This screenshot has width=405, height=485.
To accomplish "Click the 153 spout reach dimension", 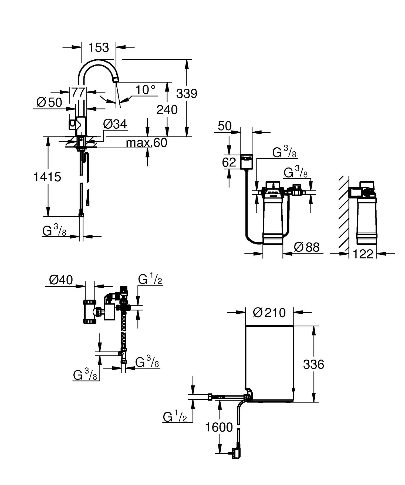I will click(x=99, y=48).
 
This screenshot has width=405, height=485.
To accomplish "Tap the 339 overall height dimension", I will click(x=187, y=94).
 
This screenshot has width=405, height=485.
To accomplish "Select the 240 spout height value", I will click(x=167, y=110).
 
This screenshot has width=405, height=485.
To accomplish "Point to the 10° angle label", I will click(x=145, y=90).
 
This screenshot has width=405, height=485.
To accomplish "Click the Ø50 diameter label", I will click(x=49, y=103).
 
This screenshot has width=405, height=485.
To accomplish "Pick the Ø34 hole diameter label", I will click(x=115, y=124).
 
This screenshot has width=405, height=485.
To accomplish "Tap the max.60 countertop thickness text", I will click(x=147, y=143).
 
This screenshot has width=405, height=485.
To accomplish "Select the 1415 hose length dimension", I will click(x=47, y=177).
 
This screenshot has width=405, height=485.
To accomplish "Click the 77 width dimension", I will click(x=78, y=93).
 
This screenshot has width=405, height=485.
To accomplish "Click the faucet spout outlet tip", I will click(x=116, y=79).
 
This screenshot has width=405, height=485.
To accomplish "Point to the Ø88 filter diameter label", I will click(x=306, y=247).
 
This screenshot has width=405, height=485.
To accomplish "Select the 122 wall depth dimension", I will click(x=363, y=254).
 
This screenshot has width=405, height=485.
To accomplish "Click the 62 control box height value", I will click(x=229, y=162).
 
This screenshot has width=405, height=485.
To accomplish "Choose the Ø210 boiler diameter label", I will click(x=269, y=313).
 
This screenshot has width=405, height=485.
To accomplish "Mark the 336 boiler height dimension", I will click(x=313, y=365).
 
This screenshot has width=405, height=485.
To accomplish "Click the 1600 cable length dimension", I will click(x=219, y=427).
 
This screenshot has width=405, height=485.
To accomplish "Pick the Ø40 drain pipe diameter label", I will click(x=61, y=280).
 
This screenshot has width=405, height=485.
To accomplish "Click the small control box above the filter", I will click(x=246, y=162).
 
